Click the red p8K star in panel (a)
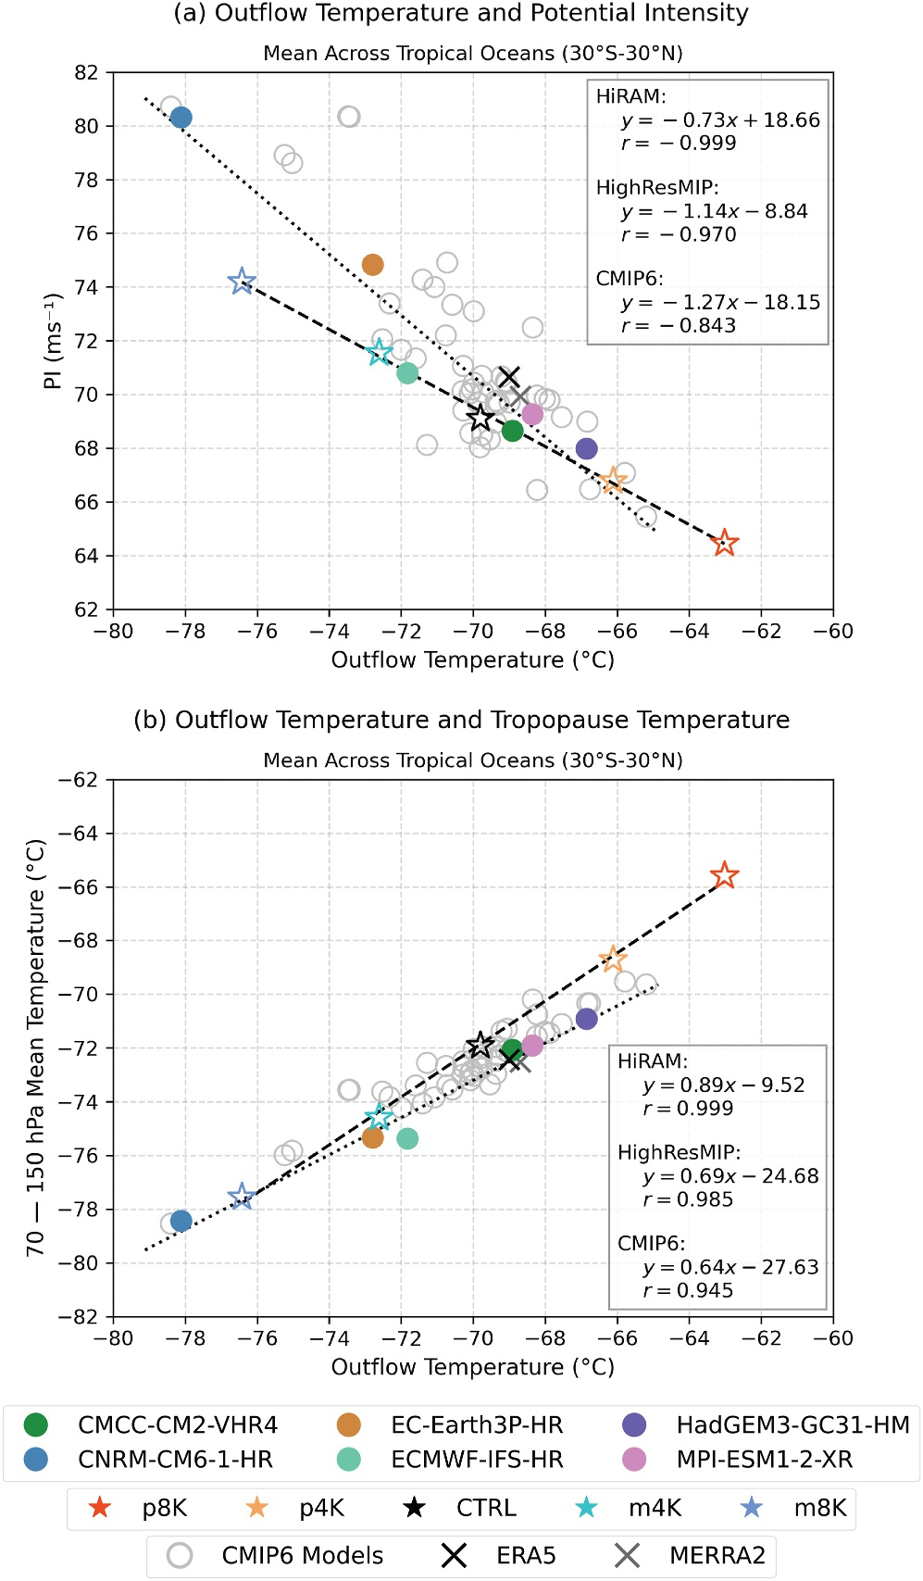tap(725, 543)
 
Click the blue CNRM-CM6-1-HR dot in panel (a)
tap(181, 118)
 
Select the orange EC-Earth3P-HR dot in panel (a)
tap(372, 265)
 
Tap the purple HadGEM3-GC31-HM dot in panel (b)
tap(587, 1019)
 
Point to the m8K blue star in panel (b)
tap(242, 1196)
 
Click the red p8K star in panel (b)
tap(725, 875)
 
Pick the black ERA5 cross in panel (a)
tap(509, 377)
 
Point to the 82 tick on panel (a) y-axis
tap(86, 72)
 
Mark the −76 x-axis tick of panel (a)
tap(256, 632)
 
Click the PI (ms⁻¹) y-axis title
tap(53, 341)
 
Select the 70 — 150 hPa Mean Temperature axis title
tap(35, 1048)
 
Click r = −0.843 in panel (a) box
tap(679, 326)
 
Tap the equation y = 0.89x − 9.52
tap(724, 1085)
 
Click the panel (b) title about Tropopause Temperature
tap(461, 720)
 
